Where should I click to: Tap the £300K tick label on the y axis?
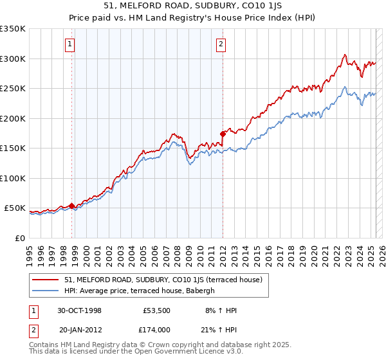tap(12, 59)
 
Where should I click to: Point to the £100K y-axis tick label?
tap(12, 178)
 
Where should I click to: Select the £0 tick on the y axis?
tap(19, 238)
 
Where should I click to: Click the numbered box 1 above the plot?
tap(69, 44)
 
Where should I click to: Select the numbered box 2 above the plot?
tap(221, 44)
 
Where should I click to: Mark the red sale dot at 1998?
tap(72, 206)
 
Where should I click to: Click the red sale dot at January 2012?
tap(223, 134)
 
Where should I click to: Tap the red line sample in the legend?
tap(45, 280)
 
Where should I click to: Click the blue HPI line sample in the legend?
tap(45, 291)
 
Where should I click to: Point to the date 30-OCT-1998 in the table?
tap(79, 310)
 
